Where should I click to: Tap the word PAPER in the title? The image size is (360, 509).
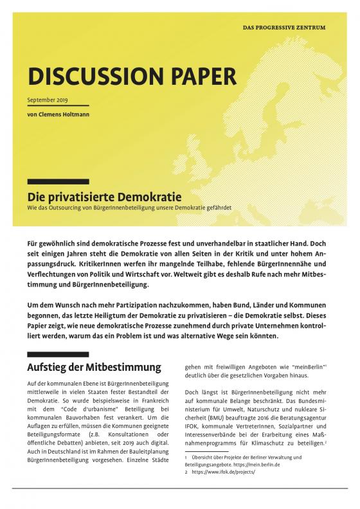point(196,77)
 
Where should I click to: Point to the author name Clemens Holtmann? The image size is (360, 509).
point(62,114)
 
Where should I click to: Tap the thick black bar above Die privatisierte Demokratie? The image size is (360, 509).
point(58,182)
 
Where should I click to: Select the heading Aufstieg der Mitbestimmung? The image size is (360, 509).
point(94,368)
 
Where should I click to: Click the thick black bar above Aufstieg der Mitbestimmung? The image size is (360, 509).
point(59,354)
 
